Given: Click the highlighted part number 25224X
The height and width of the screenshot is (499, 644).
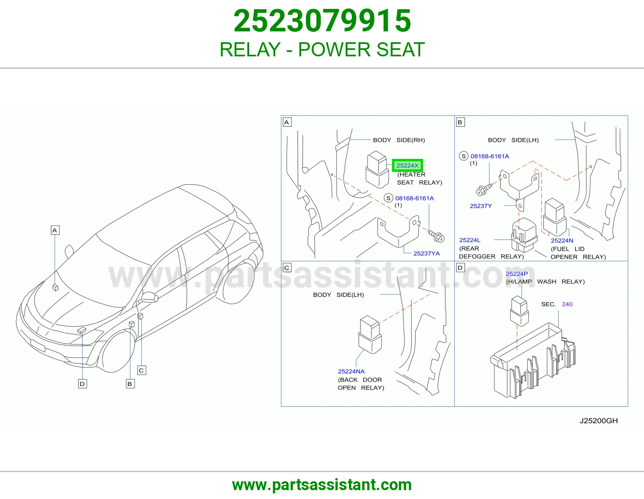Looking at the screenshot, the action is click(407, 165).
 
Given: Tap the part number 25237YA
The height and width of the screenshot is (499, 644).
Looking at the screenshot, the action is click(427, 254).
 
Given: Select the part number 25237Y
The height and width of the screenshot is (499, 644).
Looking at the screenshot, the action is click(481, 206).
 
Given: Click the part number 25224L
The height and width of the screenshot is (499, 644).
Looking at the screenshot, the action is click(470, 240).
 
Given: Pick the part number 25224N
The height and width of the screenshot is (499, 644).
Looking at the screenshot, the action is click(562, 241).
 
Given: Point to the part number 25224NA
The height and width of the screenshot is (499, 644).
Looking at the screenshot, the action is click(351, 371).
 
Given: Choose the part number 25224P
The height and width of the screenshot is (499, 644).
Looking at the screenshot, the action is click(517, 274).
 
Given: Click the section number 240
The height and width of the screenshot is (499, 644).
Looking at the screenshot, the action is click(567, 304).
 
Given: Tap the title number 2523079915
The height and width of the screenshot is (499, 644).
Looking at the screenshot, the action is click(322, 21).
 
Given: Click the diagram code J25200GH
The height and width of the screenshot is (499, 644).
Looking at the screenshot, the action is click(599, 421).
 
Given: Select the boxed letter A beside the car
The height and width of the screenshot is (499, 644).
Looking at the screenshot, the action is click(55, 230).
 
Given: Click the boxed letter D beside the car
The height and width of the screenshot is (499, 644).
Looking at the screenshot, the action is click(83, 384).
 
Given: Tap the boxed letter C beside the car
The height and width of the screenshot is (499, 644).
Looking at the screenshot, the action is click(142, 370).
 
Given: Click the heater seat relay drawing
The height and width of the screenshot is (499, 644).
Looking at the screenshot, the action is click(377, 169).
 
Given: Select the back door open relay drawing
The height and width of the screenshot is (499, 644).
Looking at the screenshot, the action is click(370, 334).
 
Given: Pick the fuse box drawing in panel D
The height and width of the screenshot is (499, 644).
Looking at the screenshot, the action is click(533, 360).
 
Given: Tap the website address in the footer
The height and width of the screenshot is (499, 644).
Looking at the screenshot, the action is click(322, 485).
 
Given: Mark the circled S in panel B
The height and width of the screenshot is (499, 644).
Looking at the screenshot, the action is click(464, 156).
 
